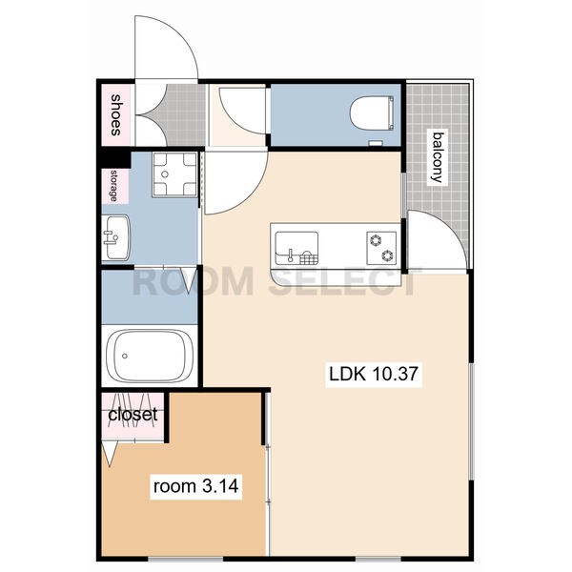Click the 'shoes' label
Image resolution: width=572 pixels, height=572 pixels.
(115, 115)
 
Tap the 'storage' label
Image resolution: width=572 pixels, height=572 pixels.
(113, 186)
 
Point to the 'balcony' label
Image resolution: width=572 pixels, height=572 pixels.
(438, 157)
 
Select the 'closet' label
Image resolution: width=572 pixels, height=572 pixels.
(133, 415)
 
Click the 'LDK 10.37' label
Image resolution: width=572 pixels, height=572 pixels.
(374, 374)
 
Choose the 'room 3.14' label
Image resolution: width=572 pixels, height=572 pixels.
(195, 486)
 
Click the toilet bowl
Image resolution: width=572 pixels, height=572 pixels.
(372, 113)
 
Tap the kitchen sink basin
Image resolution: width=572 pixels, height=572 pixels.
(296, 248)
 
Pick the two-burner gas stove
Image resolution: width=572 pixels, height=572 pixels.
(381, 248)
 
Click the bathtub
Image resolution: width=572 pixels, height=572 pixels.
(150, 356)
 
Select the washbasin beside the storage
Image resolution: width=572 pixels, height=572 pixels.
(115, 237)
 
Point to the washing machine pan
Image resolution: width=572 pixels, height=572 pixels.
(174, 174)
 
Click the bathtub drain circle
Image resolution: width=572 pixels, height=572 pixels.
(125, 356)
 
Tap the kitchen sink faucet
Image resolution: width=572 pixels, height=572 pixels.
(291, 255)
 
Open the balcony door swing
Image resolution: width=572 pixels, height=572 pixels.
(437, 241)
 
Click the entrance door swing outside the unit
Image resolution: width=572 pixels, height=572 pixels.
(166, 47)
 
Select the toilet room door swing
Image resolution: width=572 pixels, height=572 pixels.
(242, 111)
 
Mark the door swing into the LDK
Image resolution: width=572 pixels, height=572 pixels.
(236, 182)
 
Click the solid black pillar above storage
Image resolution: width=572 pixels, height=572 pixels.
(116, 160)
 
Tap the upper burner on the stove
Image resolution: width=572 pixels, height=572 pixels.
(376, 240)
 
